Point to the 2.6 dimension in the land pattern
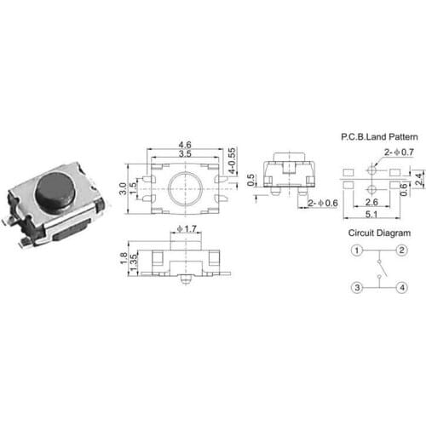coord(371,203)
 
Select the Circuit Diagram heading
coord(371,232)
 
